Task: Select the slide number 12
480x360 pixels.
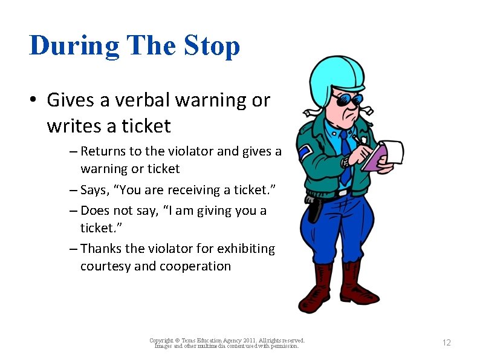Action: pos(446,343)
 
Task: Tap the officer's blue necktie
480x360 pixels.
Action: pos(345,157)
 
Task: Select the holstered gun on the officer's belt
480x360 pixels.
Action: pos(314,209)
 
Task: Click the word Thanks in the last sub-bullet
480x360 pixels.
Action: pos(100,249)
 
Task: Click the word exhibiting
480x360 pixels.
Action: pos(247,249)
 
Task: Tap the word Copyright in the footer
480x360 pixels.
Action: pos(161,341)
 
